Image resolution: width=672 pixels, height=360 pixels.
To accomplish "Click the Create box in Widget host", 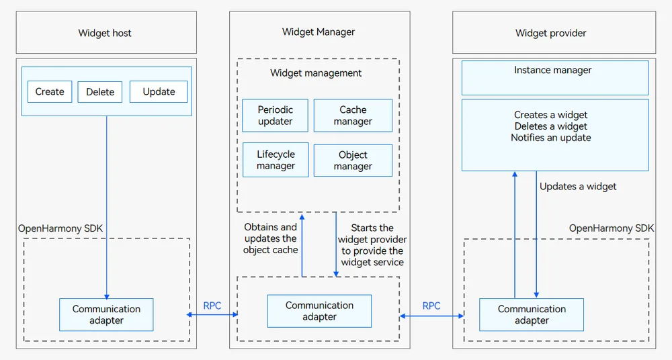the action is click(50, 92).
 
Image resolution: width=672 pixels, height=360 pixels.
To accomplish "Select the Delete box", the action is click(100, 92).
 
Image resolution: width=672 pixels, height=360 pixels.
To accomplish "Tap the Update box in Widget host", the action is click(159, 92).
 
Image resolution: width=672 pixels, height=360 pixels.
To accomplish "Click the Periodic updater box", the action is click(275, 116).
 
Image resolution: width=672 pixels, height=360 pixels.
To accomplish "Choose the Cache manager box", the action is click(353, 116).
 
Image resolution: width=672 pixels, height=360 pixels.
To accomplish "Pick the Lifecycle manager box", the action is click(276, 160).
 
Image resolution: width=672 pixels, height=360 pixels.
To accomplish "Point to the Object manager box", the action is click(353, 161).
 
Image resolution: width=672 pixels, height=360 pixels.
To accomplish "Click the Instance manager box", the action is click(555, 77).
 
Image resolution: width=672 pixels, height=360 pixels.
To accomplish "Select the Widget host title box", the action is click(106, 32).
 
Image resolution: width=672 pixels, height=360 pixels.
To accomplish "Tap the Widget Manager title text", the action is click(319, 32).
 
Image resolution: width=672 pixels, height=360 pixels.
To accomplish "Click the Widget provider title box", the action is click(554, 32).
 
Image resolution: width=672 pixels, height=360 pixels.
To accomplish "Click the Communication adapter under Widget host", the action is click(106, 314).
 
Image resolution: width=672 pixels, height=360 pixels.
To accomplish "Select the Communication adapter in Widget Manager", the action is click(319, 311).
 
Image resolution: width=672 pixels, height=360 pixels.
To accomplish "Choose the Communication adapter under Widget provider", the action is click(532, 314).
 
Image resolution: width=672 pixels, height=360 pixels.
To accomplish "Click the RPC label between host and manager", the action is click(212, 306).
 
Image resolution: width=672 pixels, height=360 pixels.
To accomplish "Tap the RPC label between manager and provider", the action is click(431, 306).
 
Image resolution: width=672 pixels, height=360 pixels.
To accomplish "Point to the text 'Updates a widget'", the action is click(578, 187).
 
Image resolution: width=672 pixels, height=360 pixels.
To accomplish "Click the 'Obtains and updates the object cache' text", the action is click(270, 238).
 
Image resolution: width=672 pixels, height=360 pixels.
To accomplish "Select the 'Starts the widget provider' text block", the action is click(372, 244).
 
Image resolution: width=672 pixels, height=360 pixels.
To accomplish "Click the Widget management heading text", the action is click(316, 73).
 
